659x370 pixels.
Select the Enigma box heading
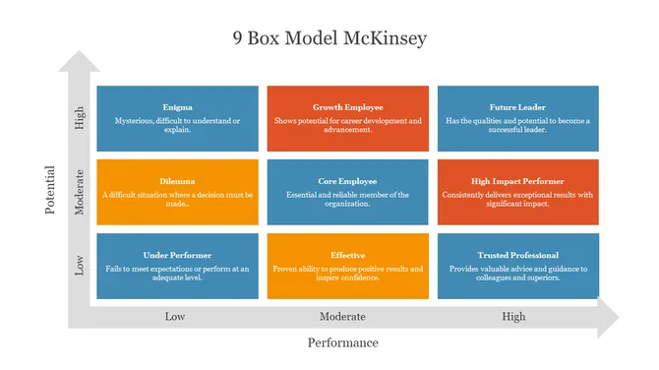click(x=177, y=107)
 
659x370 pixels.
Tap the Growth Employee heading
click(x=347, y=107)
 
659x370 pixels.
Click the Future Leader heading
click(x=517, y=107)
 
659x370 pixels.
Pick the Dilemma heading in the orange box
click(x=177, y=181)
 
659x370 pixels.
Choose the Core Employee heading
click(x=347, y=181)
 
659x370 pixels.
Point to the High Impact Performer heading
click(x=517, y=181)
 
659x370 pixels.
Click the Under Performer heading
click(x=177, y=255)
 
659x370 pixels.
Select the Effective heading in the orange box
click(x=347, y=255)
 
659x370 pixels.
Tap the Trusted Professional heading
click(x=517, y=255)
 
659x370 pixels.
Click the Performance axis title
click(x=342, y=342)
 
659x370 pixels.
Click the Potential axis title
click(x=50, y=191)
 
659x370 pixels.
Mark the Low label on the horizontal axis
click(x=174, y=317)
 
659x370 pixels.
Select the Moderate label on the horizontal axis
click(x=342, y=317)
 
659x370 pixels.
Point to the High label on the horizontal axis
click(x=513, y=317)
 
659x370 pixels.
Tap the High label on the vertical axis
click(x=80, y=118)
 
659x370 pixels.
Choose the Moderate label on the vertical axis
click(x=80, y=192)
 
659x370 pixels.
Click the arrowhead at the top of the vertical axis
click(x=79, y=62)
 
